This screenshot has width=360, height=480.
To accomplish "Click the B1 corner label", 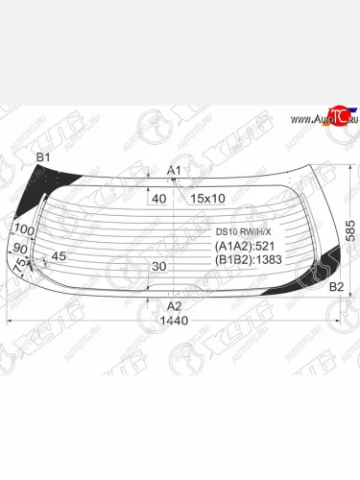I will (43, 156).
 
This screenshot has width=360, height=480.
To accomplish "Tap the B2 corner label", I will (336, 286).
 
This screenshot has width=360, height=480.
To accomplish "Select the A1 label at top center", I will (174, 170).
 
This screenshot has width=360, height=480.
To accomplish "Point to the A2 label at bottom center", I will (174, 305).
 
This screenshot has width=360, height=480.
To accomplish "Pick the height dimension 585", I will (353, 229).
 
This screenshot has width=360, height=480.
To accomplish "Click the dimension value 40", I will (158, 198).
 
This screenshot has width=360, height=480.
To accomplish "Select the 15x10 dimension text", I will (206, 198).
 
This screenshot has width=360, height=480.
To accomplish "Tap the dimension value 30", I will (158, 266).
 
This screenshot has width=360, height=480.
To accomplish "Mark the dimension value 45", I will (59, 256).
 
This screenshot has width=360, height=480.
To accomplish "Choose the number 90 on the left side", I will (20, 248).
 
